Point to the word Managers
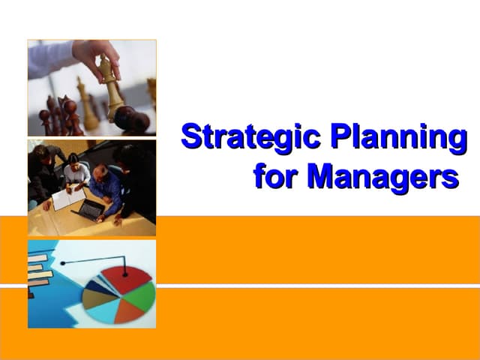(382, 177)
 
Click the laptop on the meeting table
(90, 210)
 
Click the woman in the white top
(75, 172)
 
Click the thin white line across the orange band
(315, 286)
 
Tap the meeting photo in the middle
(91, 187)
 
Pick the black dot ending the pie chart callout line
(63, 263)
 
